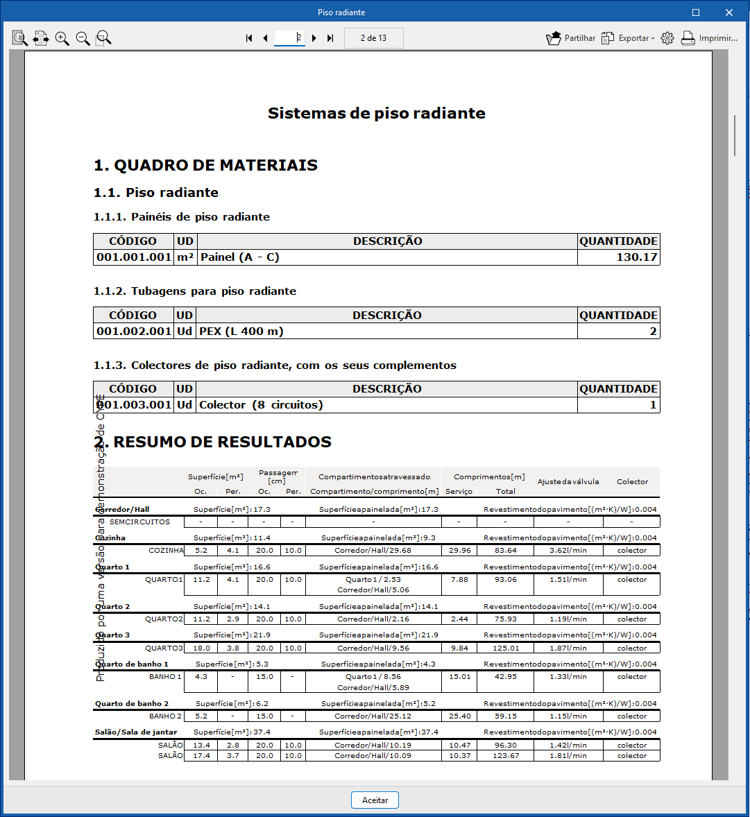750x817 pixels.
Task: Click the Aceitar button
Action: coord(375,800)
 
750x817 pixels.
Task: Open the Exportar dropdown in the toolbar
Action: coord(627,38)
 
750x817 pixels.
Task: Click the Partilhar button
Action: coord(570,38)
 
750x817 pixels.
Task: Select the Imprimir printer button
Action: coord(708,38)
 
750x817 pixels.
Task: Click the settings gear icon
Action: coord(667,38)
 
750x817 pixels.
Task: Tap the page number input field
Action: coord(289,38)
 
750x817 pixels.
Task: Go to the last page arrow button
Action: coord(330,38)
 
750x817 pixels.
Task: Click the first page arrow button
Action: coord(249,38)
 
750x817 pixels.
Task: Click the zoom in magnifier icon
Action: coord(62,38)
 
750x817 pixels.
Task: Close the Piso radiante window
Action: coord(729,12)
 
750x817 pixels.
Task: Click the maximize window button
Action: coord(696,12)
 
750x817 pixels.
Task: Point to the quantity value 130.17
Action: coord(637,257)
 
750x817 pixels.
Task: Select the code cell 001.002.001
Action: coord(134,332)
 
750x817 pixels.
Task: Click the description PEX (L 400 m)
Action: coord(241,332)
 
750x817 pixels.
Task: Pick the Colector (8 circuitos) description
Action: coord(261,405)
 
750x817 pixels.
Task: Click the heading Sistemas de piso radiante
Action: coord(376,113)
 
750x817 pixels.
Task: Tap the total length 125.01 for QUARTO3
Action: coord(506,648)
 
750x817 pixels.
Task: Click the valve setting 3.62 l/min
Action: coord(568,551)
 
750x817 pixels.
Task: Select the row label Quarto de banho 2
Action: coord(132,703)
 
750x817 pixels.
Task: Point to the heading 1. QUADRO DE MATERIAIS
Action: coord(205,165)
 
